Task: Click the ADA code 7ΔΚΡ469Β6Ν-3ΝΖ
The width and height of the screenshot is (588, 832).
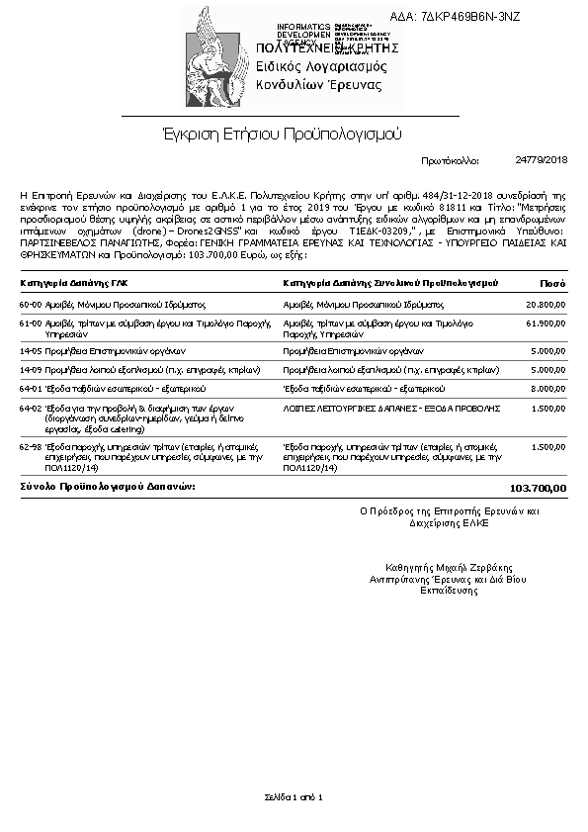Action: click(469, 17)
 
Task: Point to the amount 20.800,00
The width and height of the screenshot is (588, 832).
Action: click(546, 305)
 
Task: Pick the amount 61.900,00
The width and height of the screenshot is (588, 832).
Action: click(546, 323)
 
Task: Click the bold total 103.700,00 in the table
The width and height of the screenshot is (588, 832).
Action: click(539, 488)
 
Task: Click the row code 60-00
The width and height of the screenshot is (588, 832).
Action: click(31, 305)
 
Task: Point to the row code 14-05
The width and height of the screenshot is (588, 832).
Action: click(31, 350)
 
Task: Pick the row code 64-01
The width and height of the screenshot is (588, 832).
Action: click(31, 389)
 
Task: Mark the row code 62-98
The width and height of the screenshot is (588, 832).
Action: click(31, 446)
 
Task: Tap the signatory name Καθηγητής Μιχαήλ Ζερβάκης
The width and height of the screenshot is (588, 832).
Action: click(450, 568)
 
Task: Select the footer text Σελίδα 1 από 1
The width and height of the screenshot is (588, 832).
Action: click(294, 796)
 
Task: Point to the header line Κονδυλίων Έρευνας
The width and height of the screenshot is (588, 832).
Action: click(318, 85)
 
